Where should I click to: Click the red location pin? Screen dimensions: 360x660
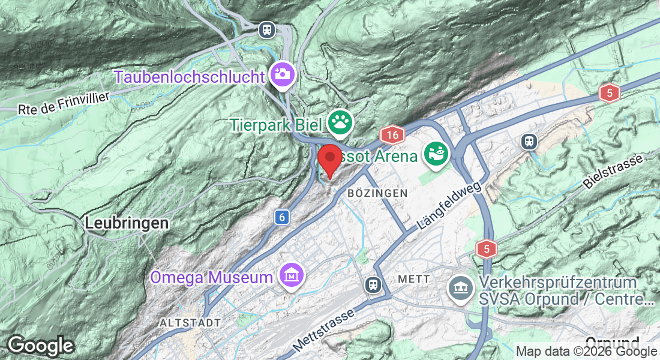(x=329, y=159)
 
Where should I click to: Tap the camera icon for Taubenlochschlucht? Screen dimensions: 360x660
(x=281, y=74)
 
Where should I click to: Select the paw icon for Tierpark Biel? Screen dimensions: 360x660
(x=341, y=123)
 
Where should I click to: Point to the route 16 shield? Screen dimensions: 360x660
(x=392, y=134)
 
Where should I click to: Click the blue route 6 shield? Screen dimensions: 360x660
(x=281, y=217)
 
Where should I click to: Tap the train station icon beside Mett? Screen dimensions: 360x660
(x=373, y=284)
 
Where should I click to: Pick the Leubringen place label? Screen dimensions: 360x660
(x=127, y=223)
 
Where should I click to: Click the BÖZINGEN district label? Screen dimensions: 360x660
(x=377, y=193)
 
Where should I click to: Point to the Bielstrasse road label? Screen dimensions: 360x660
(x=612, y=171)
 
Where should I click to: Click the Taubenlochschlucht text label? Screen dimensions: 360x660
(x=189, y=77)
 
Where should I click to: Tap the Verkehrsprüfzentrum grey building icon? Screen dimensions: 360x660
(x=461, y=289)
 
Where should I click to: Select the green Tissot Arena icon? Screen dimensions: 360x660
(x=436, y=155)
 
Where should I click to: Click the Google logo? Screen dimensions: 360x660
(x=40, y=346)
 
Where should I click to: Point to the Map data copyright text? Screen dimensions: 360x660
(x=587, y=352)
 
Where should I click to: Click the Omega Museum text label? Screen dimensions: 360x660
(x=211, y=277)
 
